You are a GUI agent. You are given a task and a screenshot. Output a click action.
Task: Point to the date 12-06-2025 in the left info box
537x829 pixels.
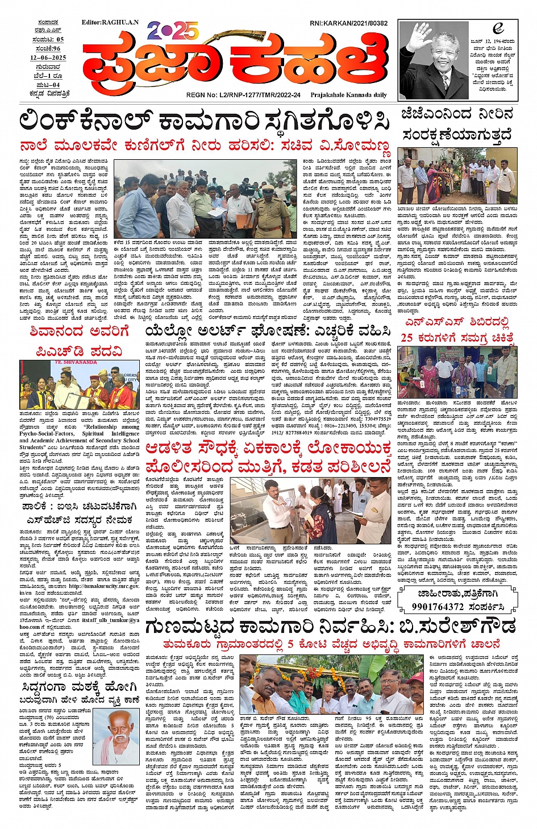[x=48, y=57]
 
